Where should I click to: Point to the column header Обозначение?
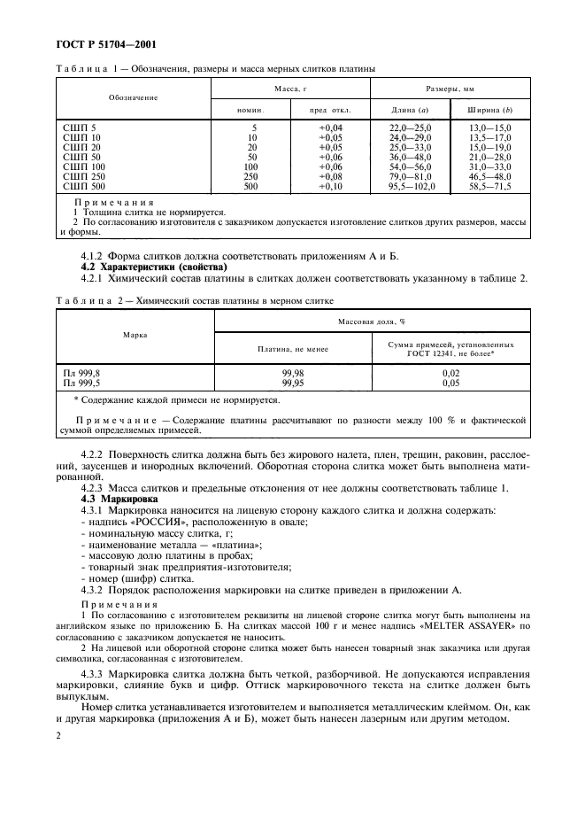(134, 97)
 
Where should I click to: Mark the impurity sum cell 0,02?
(450, 374)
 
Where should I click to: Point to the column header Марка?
(135, 336)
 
